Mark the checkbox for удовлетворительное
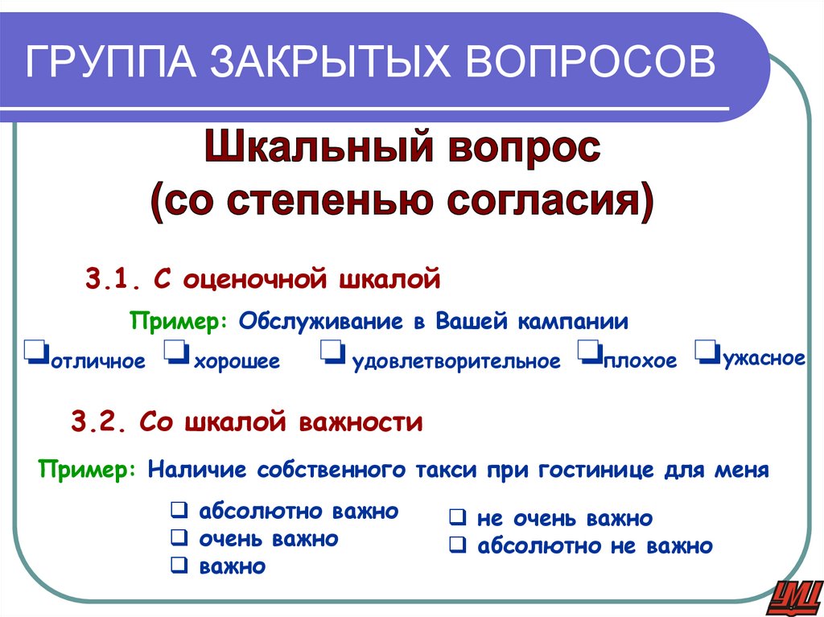point(332,352)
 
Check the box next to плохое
point(587,352)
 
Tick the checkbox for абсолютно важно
point(178,511)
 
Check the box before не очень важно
point(455,519)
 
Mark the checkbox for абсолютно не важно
point(455,546)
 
